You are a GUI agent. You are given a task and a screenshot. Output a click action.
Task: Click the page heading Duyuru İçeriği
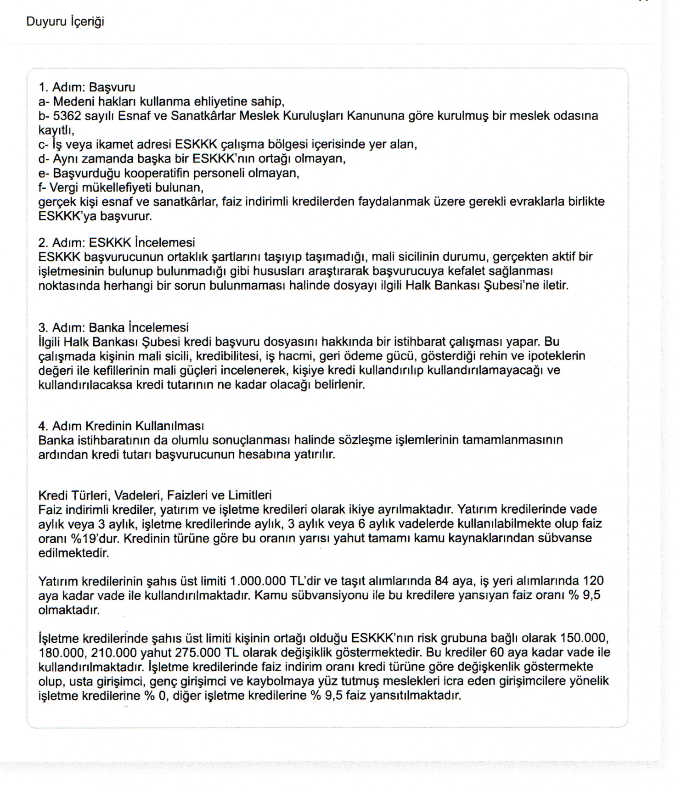point(65,22)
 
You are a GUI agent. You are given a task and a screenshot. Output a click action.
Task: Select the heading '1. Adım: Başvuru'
point(87,87)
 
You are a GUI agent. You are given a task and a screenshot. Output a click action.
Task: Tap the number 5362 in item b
point(67,116)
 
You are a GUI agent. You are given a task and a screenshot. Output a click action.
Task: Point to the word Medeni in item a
point(71,101)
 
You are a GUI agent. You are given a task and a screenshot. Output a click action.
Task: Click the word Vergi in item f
point(64,187)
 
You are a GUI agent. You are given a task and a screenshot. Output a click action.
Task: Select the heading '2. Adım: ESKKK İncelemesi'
point(117,242)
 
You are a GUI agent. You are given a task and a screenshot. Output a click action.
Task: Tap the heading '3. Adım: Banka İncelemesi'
point(113,327)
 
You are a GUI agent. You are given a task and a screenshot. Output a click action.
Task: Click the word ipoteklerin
point(557,356)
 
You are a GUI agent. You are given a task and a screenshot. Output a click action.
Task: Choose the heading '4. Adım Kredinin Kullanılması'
point(121,426)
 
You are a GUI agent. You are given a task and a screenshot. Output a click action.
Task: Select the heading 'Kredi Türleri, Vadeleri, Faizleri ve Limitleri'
point(155,495)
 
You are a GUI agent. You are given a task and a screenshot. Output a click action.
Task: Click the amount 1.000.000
point(258,581)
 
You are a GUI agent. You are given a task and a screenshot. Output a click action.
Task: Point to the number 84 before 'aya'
point(441,581)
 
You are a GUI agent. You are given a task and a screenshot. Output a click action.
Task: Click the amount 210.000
point(114,652)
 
